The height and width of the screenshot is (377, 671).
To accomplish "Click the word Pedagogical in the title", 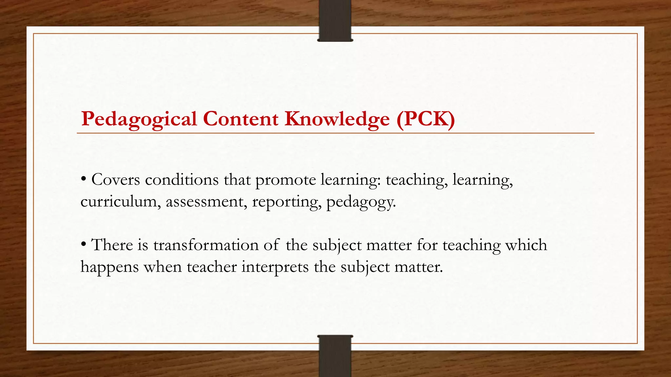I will (139, 119).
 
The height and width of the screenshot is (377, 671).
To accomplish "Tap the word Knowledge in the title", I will (337, 119).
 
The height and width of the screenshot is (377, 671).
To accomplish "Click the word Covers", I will (116, 180).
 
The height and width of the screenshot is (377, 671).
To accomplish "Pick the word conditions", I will (182, 180).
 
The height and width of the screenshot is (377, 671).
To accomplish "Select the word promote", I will (285, 180).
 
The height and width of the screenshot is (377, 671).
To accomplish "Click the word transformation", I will (206, 245).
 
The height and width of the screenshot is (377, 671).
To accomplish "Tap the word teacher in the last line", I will (212, 267).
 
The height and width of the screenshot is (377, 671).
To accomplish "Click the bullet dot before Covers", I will (84, 179).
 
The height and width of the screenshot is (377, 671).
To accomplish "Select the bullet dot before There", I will (84, 244).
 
